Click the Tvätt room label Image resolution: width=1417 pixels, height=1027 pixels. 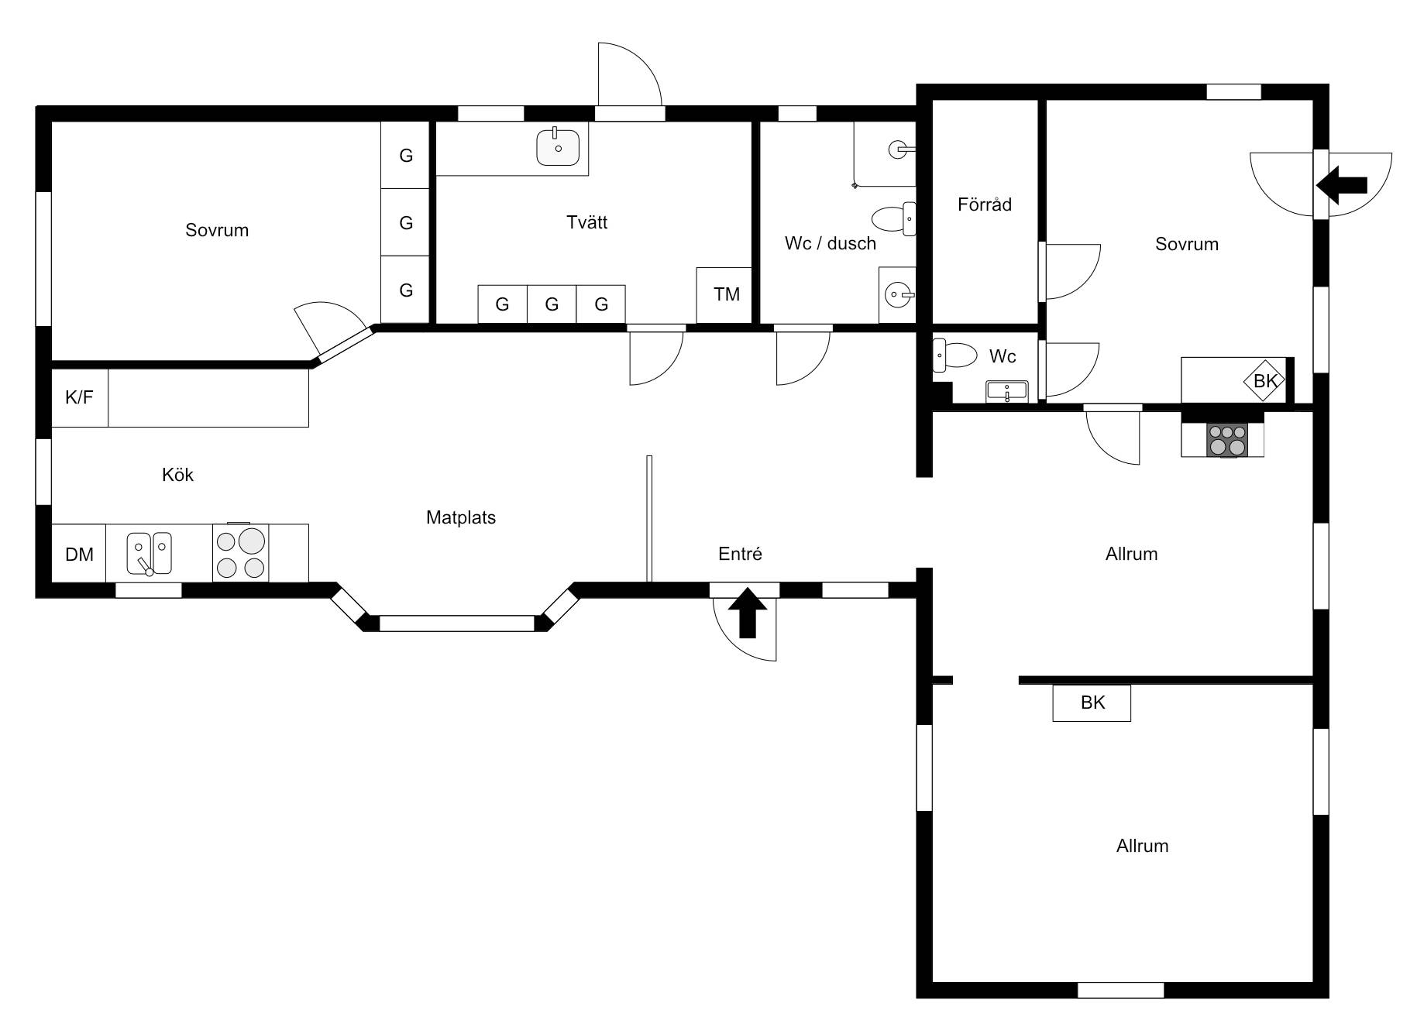point(586,222)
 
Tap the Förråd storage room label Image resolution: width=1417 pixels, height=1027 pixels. point(985,204)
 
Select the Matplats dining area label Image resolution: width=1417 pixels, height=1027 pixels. point(461,517)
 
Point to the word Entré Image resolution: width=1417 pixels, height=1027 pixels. point(740,554)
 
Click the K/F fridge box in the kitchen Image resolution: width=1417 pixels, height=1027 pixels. point(80,398)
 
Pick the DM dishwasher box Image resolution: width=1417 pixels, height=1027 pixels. point(79,554)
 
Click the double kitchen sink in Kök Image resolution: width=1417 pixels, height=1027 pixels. point(150,553)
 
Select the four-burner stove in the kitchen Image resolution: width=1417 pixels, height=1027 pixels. point(241,553)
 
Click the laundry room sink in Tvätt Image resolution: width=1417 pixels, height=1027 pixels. point(558,146)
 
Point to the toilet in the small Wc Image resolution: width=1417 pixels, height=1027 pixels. point(954,355)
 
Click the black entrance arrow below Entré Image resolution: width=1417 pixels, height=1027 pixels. point(748,613)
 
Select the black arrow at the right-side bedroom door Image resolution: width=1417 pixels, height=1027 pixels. point(1342,185)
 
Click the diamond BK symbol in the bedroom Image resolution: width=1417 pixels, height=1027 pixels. point(1264,380)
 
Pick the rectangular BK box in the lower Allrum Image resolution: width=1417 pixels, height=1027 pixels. point(1092,702)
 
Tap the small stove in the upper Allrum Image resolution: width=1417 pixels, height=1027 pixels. point(1227,440)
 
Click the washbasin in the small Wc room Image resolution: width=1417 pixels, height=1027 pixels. point(1006,391)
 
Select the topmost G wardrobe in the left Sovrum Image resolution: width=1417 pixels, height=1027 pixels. point(405,155)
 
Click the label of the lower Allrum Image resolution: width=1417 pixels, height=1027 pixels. point(1142,846)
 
